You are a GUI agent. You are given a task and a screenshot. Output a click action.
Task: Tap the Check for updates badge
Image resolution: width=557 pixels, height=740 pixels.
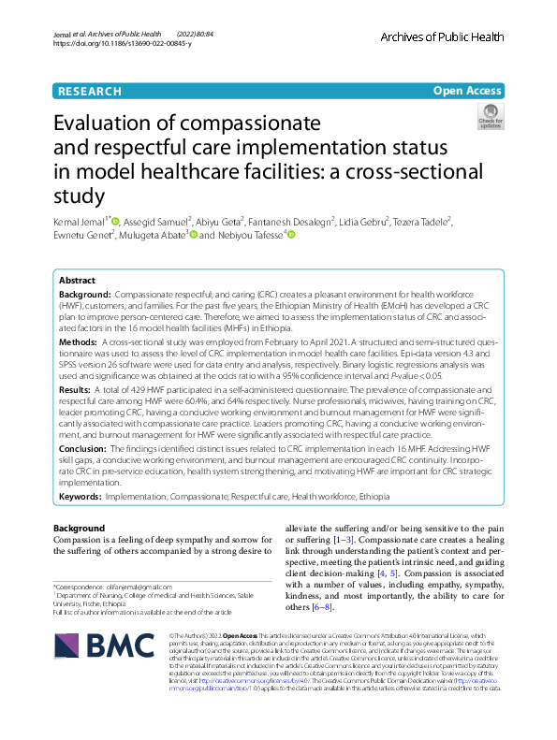[490, 117]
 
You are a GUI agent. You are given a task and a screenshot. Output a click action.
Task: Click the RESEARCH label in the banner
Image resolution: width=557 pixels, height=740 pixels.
[89, 91]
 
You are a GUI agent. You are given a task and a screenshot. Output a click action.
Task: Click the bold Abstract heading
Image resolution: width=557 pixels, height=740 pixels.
[77, 281]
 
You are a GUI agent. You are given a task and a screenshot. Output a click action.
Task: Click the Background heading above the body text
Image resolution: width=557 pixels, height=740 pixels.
[79, 529]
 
